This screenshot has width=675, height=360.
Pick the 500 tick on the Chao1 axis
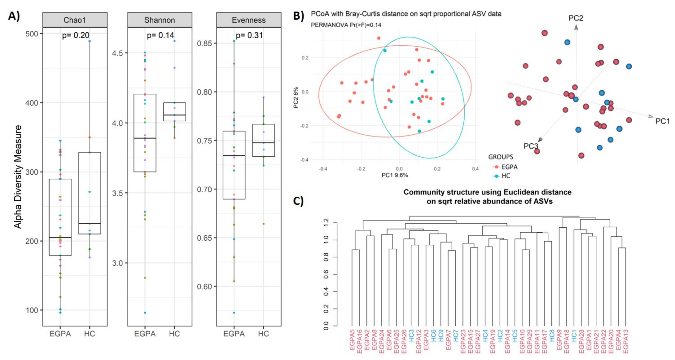pos(32,34)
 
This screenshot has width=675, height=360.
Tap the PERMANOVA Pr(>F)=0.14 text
pos(346,25)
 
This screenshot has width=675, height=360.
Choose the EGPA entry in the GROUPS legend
pos(509,167)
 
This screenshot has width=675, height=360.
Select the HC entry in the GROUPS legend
pos(505,176)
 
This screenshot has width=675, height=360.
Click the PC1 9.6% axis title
pos(395,175)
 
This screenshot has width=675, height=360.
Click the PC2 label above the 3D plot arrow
pos(576,18)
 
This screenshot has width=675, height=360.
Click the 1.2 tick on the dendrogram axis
pos(326,223)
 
